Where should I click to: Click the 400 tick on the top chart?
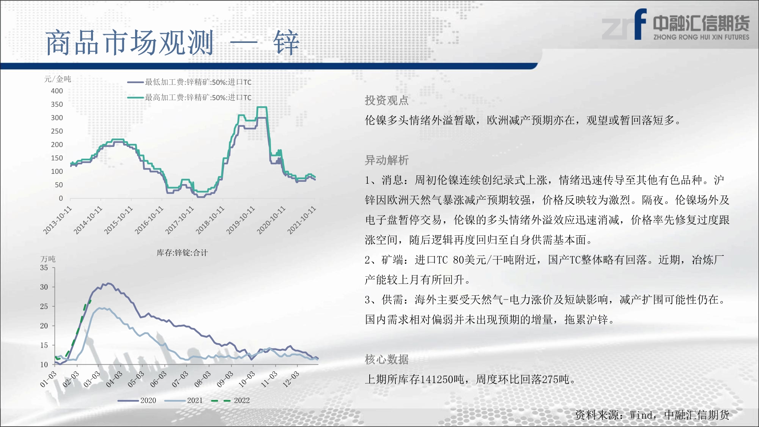coord(57,91)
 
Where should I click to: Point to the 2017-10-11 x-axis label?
coord(180,220)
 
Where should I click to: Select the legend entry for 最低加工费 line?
coord(189,82)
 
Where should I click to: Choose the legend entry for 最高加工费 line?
coord(189,98)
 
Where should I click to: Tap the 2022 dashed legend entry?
coord(230,400)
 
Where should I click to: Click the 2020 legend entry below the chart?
coord(137,400)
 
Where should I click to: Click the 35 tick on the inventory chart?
coord(44,268)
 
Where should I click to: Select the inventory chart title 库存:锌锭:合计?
coord(182,253)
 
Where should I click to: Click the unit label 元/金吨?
coord(58,79)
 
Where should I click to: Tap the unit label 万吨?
coord(48,259)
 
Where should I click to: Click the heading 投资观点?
coord(387,100)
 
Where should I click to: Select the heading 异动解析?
coord(387,160)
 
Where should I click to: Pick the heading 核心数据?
coord(387,359)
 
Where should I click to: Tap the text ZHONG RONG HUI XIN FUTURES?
coord(701,37)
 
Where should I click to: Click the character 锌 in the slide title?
coord(286,43)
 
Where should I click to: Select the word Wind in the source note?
coord(641,415)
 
